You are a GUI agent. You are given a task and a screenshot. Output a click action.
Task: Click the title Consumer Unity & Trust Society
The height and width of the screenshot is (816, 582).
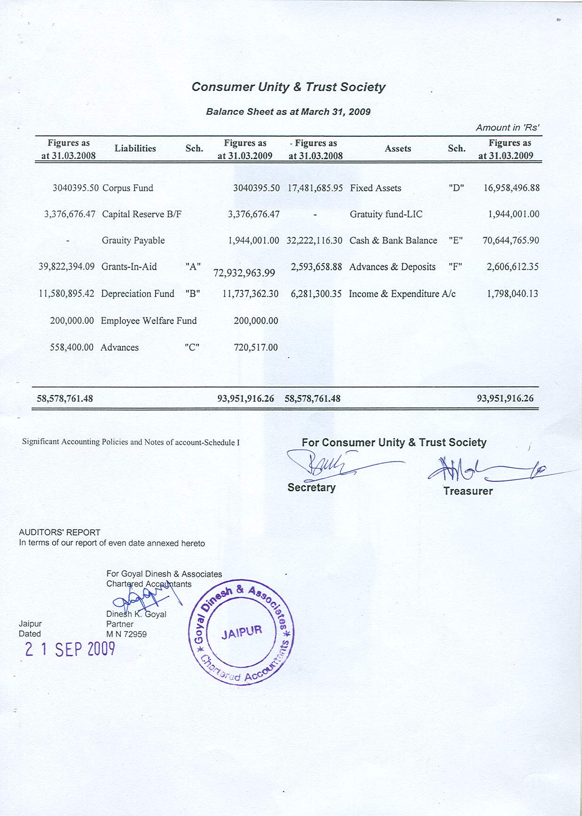[288, 87]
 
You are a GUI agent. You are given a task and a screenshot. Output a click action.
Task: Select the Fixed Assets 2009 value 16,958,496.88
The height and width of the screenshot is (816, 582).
[511, 188]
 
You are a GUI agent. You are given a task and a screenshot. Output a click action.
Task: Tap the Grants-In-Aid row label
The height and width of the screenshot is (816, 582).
[129, 267]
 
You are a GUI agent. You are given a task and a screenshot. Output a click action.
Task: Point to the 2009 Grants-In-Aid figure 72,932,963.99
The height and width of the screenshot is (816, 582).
[244, 273]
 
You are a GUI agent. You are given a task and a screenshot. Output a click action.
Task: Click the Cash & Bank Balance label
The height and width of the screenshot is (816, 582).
[393, 240]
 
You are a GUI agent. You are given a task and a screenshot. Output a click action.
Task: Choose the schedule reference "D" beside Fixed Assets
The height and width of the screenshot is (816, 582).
[456, 188]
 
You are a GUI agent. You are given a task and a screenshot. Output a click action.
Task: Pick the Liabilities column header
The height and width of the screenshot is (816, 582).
[135, 149]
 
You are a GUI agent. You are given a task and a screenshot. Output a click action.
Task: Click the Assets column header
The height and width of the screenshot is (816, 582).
[398, 149]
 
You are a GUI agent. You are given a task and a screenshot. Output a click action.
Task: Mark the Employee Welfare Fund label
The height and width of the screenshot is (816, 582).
[149, 321]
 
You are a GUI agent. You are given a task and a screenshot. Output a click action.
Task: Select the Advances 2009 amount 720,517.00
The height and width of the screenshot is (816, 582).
[256, 347]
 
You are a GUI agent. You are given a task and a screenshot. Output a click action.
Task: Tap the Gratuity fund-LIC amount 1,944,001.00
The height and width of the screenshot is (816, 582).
[513, 214]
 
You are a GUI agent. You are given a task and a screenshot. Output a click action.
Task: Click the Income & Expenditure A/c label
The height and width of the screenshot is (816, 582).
[402, 294]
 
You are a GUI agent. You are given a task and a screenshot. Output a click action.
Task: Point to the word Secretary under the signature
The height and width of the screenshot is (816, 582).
[311, 487]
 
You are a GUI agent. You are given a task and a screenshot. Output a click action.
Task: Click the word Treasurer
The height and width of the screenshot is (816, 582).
[468, 491]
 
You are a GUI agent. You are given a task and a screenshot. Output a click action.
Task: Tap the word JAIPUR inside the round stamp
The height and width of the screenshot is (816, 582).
[242, 632]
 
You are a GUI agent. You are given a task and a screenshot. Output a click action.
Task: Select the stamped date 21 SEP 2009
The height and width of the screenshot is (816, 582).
[70, 649]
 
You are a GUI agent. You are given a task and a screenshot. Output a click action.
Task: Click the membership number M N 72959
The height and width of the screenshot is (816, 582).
[126, 634]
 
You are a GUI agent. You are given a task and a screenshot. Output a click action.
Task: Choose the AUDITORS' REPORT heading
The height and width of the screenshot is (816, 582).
[60, 532]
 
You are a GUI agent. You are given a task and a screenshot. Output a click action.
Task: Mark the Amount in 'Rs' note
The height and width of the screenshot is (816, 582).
[507, 127]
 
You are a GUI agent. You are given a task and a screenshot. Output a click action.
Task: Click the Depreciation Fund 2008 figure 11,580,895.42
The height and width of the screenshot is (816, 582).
[66, 294]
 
